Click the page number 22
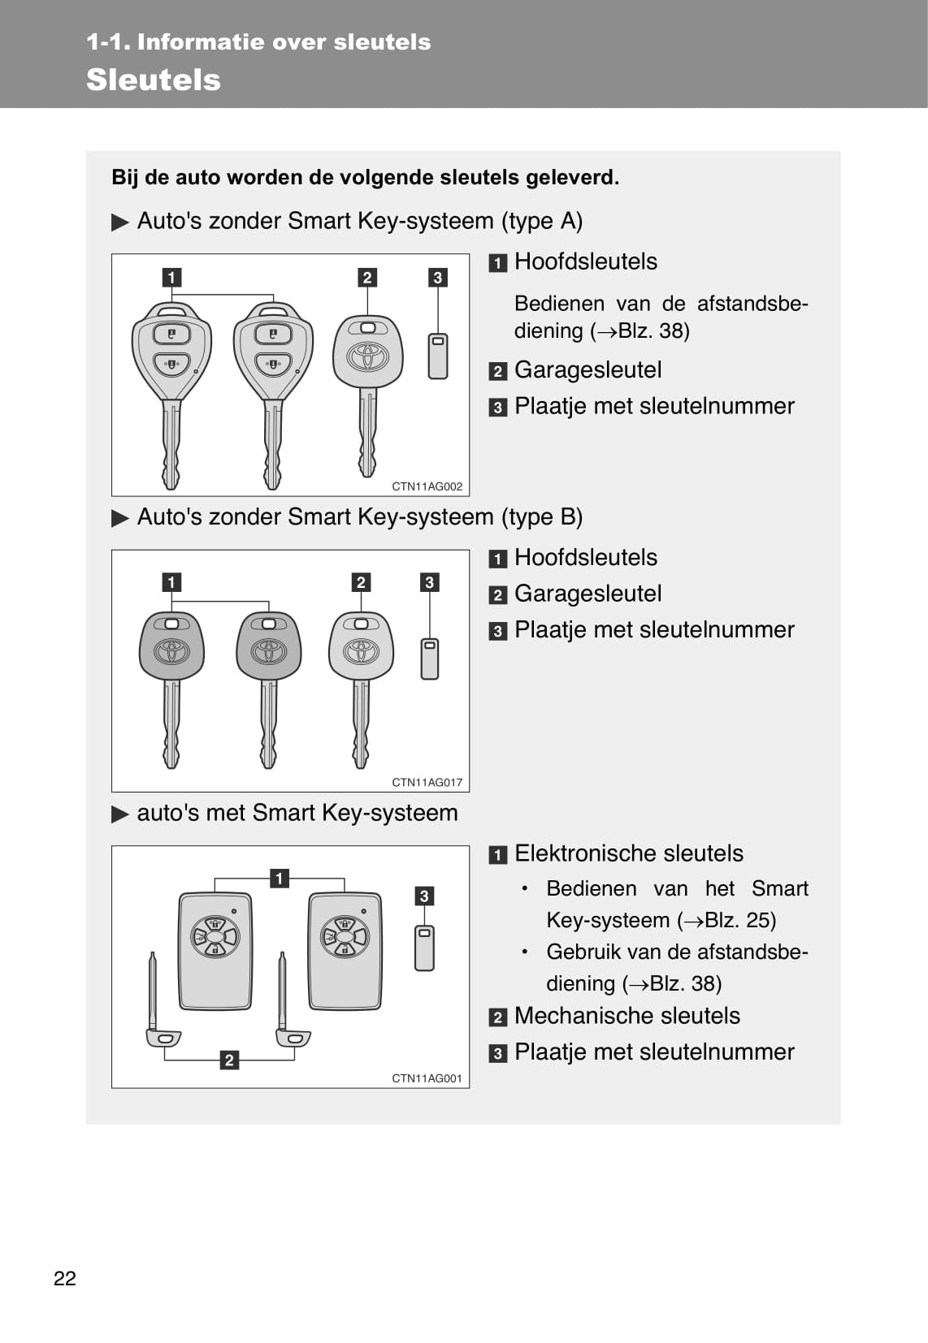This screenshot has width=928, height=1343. [65, 1278]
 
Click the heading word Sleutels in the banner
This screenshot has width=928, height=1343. [154, 80]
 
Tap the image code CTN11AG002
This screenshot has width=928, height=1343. [427, 486]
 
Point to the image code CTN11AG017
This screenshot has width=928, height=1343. [427, 782]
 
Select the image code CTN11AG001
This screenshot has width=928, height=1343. [427, 1078]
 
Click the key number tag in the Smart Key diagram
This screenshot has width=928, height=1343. [424, 948]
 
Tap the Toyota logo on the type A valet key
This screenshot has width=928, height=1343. [368, 356]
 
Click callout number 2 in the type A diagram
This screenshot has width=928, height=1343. [367, 278]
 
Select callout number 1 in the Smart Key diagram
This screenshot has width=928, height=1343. [279, 878]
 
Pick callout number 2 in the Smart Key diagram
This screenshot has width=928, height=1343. [229, 1060]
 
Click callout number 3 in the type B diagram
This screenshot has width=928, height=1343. [429, 582]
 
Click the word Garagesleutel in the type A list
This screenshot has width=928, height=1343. [588, 370]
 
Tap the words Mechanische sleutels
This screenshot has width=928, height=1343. [627, 1016]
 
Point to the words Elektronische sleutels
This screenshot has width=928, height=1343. [628, 853]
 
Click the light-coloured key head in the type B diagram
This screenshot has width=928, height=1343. [362, 646]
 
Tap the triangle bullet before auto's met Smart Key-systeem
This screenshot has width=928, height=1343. [120, 814]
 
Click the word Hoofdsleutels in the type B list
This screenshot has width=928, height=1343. [585, 558]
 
